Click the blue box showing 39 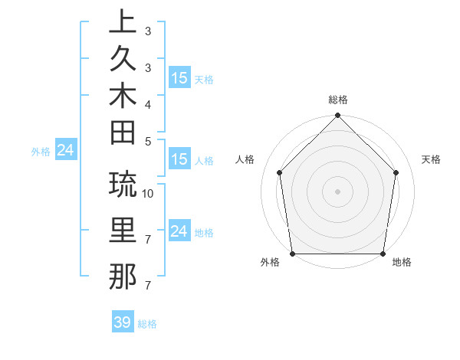coord(122,322)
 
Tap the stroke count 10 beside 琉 coord(148,193)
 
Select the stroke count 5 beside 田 coord(148,141)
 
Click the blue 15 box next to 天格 coord(179,78)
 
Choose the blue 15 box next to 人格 coord(179,160)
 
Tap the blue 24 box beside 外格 coord(66,150)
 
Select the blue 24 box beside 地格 coord(179,231)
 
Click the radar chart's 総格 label coord(338,100)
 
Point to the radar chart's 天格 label coord(431,159)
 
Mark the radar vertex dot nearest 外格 coord(293,254)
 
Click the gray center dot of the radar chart coord(337,191)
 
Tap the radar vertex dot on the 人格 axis coord(280,172)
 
